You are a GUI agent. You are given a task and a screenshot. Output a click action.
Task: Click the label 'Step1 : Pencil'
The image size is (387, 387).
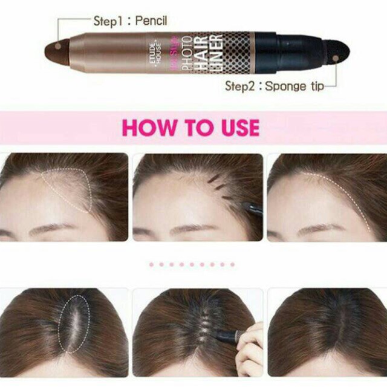(130, 21)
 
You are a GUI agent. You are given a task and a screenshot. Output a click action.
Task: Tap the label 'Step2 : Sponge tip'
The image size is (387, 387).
(274, 86)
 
